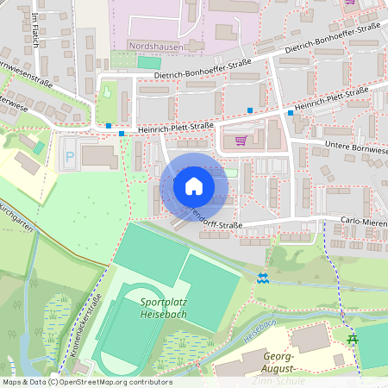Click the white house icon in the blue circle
click(194, 186)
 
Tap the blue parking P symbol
click(69, 158)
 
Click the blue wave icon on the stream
click(262, 278)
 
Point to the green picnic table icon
click(352, 339)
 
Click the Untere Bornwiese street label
click(355, 147)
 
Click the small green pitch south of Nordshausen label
click(149, 62)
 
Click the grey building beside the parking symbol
click(99, 157)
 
